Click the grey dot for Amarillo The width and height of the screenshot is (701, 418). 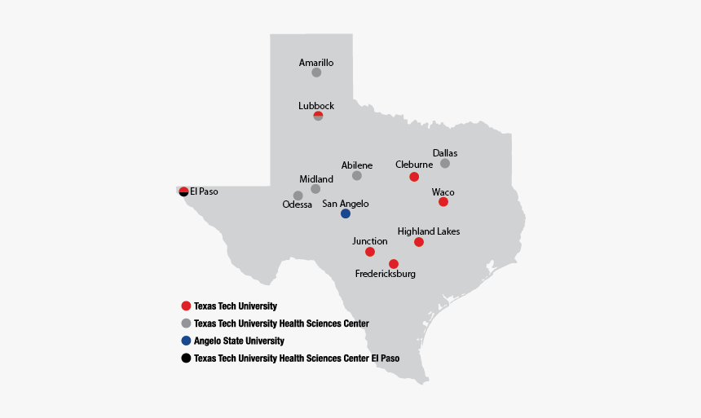316,73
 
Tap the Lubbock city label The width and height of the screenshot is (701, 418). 316,106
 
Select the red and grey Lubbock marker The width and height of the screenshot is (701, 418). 318,117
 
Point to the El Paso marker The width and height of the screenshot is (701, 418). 183,191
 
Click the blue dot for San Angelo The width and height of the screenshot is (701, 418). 346,213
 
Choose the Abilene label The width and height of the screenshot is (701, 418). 357,165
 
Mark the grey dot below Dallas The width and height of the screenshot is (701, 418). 445,164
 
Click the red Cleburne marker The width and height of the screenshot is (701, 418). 414,177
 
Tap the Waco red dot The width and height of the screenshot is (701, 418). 443,202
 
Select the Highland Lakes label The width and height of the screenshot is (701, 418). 429,231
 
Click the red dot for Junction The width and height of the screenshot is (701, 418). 370,252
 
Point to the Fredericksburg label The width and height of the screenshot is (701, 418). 386,274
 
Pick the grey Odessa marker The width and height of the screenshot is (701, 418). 298,196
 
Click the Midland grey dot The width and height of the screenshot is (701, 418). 315,189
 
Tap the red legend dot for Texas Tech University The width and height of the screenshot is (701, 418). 186,306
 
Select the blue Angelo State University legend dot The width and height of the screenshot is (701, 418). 186,341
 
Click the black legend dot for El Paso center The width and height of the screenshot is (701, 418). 186,358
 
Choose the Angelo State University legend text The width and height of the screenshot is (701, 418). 239,341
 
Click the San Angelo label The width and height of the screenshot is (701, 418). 346,204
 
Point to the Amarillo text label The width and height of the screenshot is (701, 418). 316,62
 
